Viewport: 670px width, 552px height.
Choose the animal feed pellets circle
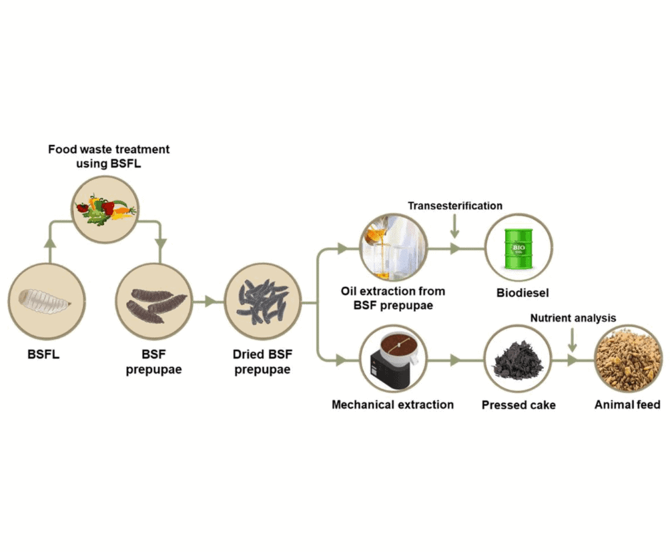coord(627,359)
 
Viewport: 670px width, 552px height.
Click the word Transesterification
coord(455,206)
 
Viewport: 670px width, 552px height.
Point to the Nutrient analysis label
coord(573,318)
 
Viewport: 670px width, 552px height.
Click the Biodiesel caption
coord(519,292)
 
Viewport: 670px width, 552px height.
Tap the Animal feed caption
coord(627,404)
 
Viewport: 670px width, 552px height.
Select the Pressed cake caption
coord(518,404)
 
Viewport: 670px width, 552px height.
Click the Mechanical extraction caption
coord(392,404)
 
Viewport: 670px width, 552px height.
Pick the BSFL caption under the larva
coord(43,354)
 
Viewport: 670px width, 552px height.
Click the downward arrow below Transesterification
coord(455,230)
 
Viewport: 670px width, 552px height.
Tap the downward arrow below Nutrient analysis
coord(573,342)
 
